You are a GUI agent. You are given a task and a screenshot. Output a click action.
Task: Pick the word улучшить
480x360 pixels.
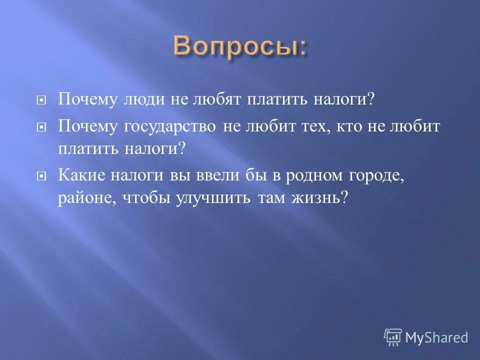213,198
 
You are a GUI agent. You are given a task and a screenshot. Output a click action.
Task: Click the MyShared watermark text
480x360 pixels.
436,337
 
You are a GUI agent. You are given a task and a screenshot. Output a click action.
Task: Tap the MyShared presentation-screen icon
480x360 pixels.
393,337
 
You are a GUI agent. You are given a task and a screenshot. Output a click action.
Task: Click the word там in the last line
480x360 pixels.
270,198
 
